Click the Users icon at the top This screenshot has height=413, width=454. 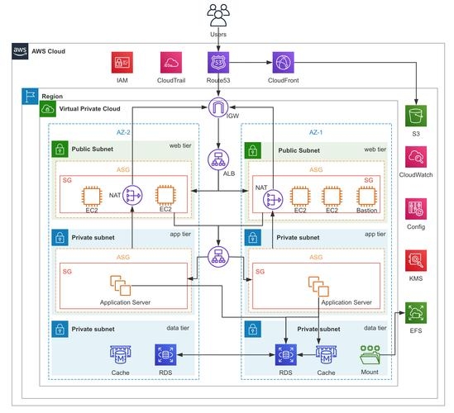tap(218, 15)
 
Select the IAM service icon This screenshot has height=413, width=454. tap(122, 63)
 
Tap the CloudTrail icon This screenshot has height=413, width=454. tap(172, 63)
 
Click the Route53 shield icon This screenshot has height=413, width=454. tap(218, 63)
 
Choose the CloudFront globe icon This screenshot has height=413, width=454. tap(284, 63)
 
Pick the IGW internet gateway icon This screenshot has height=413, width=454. tap(218, 107)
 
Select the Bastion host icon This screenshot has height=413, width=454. tap(367, 197)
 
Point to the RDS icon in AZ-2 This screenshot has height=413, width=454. tap(164, 355)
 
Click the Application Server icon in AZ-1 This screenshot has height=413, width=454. tap(319, 286)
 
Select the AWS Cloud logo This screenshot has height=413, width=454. tap(21, 51)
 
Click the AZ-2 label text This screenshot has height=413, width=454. tap(125, 131)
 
